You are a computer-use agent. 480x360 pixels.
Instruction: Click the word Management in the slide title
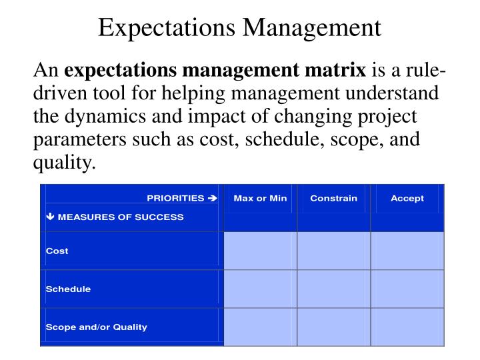pos(312,28)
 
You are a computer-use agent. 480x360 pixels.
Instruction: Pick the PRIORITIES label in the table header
pos(175,198)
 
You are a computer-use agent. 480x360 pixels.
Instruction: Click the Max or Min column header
pos(260,198)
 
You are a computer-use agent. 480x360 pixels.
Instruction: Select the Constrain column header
pos(333,198)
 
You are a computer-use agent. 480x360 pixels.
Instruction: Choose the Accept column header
pos(407,198)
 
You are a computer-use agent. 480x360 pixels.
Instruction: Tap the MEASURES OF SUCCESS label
pos(119,217)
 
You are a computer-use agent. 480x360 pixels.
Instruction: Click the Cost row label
pos(57,251)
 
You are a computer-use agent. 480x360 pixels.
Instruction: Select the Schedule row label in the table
pos(68,289)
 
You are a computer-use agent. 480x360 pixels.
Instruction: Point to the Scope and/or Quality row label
pos(96,327)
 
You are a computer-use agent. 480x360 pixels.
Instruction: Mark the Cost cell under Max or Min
pos(260,251)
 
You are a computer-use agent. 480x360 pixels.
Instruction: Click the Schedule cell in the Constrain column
pos(333,289)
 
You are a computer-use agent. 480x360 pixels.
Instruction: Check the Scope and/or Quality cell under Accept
pos(407,327)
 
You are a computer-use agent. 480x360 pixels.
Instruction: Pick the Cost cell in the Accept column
pos(407,251)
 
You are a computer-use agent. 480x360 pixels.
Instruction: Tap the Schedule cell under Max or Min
pos(260,289)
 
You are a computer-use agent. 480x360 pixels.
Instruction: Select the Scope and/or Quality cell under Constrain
pos(333,327)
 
